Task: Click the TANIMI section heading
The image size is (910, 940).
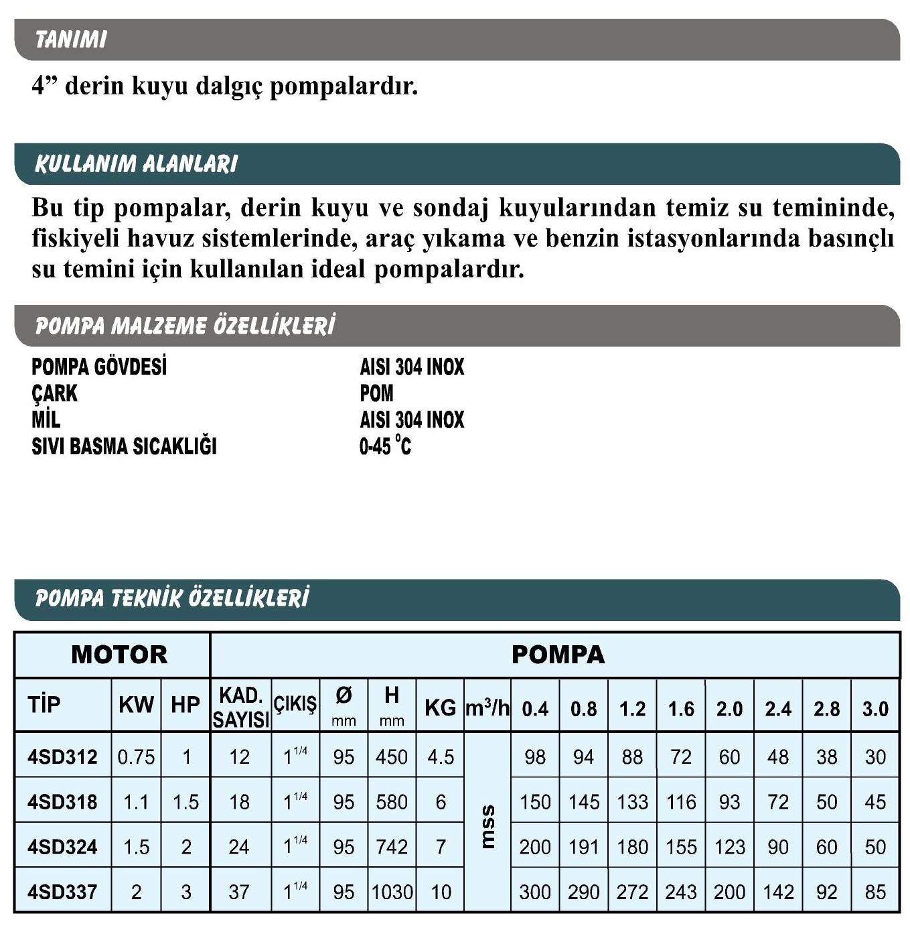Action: [x=70, y=40]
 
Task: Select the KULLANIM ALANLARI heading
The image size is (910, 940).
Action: [x=136, y=164]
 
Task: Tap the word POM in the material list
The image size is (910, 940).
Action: [x=376, y=393]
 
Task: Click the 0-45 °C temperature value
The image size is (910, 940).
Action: [x=385, y=446]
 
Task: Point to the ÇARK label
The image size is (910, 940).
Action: [x=54, y=393]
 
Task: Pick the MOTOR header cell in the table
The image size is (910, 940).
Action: [x=119, y=655]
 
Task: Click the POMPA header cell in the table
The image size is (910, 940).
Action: [x=557, y=655]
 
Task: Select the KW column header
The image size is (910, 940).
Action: [x=136, y=705]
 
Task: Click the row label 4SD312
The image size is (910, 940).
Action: [x=62, y=757]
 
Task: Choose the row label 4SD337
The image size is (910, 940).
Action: [x=62, y=892]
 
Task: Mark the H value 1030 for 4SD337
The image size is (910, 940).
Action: [x=392, y=892]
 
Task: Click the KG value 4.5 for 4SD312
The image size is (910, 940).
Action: [x=441, y=757]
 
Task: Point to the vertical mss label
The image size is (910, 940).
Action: [x=488, y=825]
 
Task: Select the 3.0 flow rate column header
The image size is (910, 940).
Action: [x=875, y=709]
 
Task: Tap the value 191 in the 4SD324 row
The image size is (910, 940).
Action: [x=584, y=848]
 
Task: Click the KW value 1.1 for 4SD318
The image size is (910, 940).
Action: [x=136, y=802]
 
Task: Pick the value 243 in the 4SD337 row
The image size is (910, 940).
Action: [x=681, y=892]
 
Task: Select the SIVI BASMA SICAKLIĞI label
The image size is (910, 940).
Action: [x=124, y=446]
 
